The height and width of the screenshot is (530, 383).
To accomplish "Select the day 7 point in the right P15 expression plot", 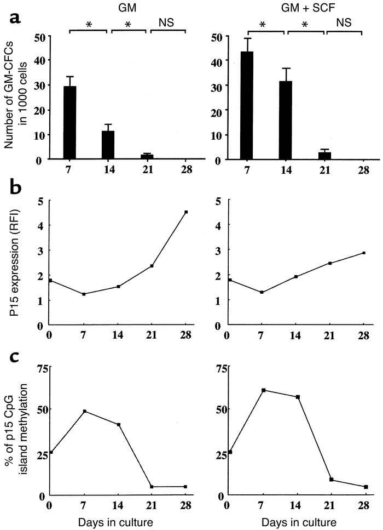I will (x=247, y=292).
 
